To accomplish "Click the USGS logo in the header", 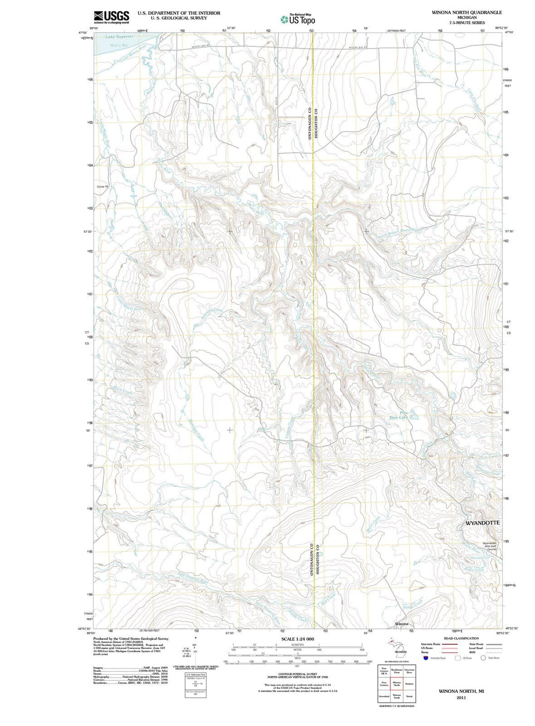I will (x=111, y=17).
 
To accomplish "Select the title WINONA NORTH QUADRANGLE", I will (x=467, y=12).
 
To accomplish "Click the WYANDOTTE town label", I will (x=482, y=523).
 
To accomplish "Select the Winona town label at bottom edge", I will (x=402, y=623).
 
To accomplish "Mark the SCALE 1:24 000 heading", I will (x=297, y=639).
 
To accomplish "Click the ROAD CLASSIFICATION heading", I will (x=461, y=638).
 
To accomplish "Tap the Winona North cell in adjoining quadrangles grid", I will (x=396, y=684).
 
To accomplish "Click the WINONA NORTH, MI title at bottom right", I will (x=461, y=691).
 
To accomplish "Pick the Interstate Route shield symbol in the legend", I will (x=425, y=658).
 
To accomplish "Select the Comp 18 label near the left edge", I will (x=102, y=187).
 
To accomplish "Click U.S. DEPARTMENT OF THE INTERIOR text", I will (x=179, y=13).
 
